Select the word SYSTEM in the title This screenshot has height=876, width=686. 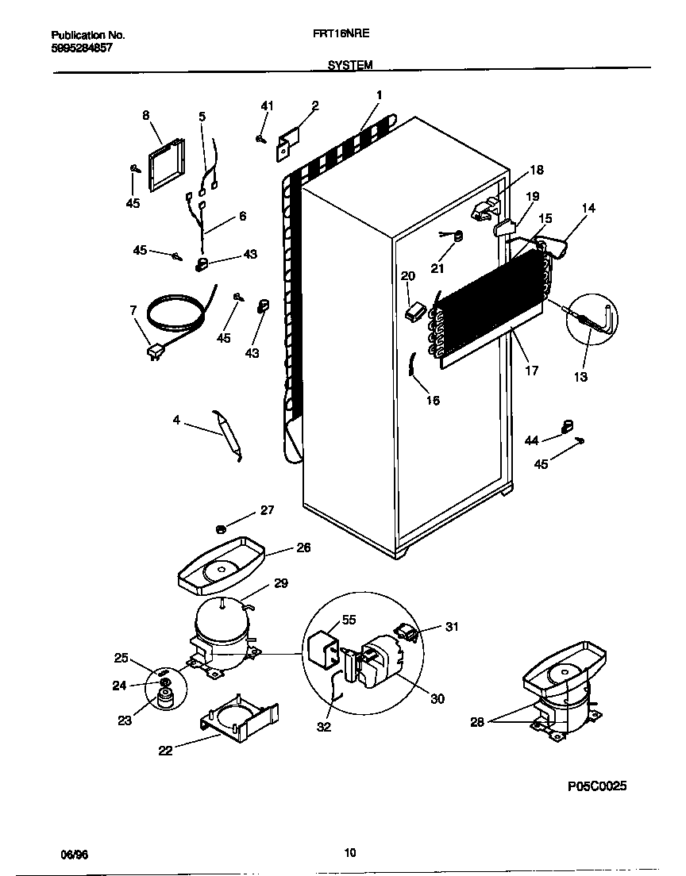pos(350,66)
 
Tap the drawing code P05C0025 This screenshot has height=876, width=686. pos(597,786)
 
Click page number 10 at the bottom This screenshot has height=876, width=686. pos(349,854)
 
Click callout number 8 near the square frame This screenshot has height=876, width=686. pos(146,115)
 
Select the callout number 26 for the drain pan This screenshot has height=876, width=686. pos(303,547)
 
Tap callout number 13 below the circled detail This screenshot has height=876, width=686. pos(580,377)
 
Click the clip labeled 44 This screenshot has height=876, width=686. pos(566,427)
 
